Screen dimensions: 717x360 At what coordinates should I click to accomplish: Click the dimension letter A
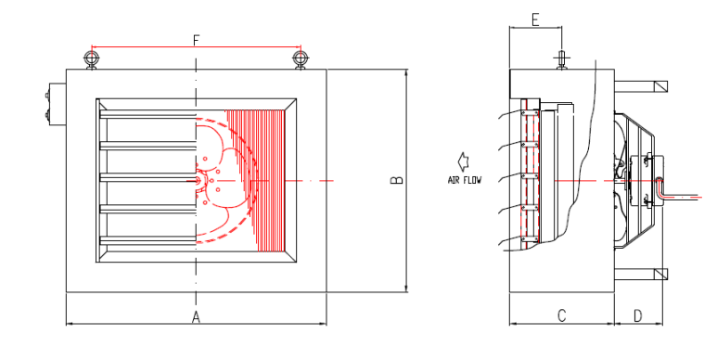(196, 316)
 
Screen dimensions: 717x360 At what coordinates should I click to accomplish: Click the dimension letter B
(397, 180)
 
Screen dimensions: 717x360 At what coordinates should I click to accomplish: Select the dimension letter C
(561, 315)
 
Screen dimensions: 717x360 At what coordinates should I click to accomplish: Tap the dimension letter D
(638, 315)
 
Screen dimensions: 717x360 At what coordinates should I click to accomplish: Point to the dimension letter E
(535, 19)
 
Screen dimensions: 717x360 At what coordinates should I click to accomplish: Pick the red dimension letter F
(196, 40)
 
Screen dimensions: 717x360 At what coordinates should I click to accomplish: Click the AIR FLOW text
(465, 180)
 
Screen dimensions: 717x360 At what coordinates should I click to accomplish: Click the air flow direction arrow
(463, 161)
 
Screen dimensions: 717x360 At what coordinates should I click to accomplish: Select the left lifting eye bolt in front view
(92, 60)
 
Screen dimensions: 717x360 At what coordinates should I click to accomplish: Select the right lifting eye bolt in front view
(300, 60)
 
